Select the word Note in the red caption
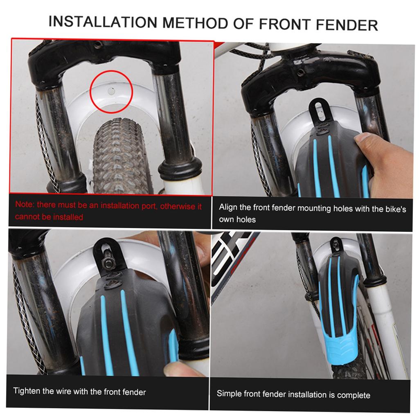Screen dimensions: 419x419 [23, 205]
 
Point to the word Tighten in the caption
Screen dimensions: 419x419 [27, 391]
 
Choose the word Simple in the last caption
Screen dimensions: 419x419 [229, 394]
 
